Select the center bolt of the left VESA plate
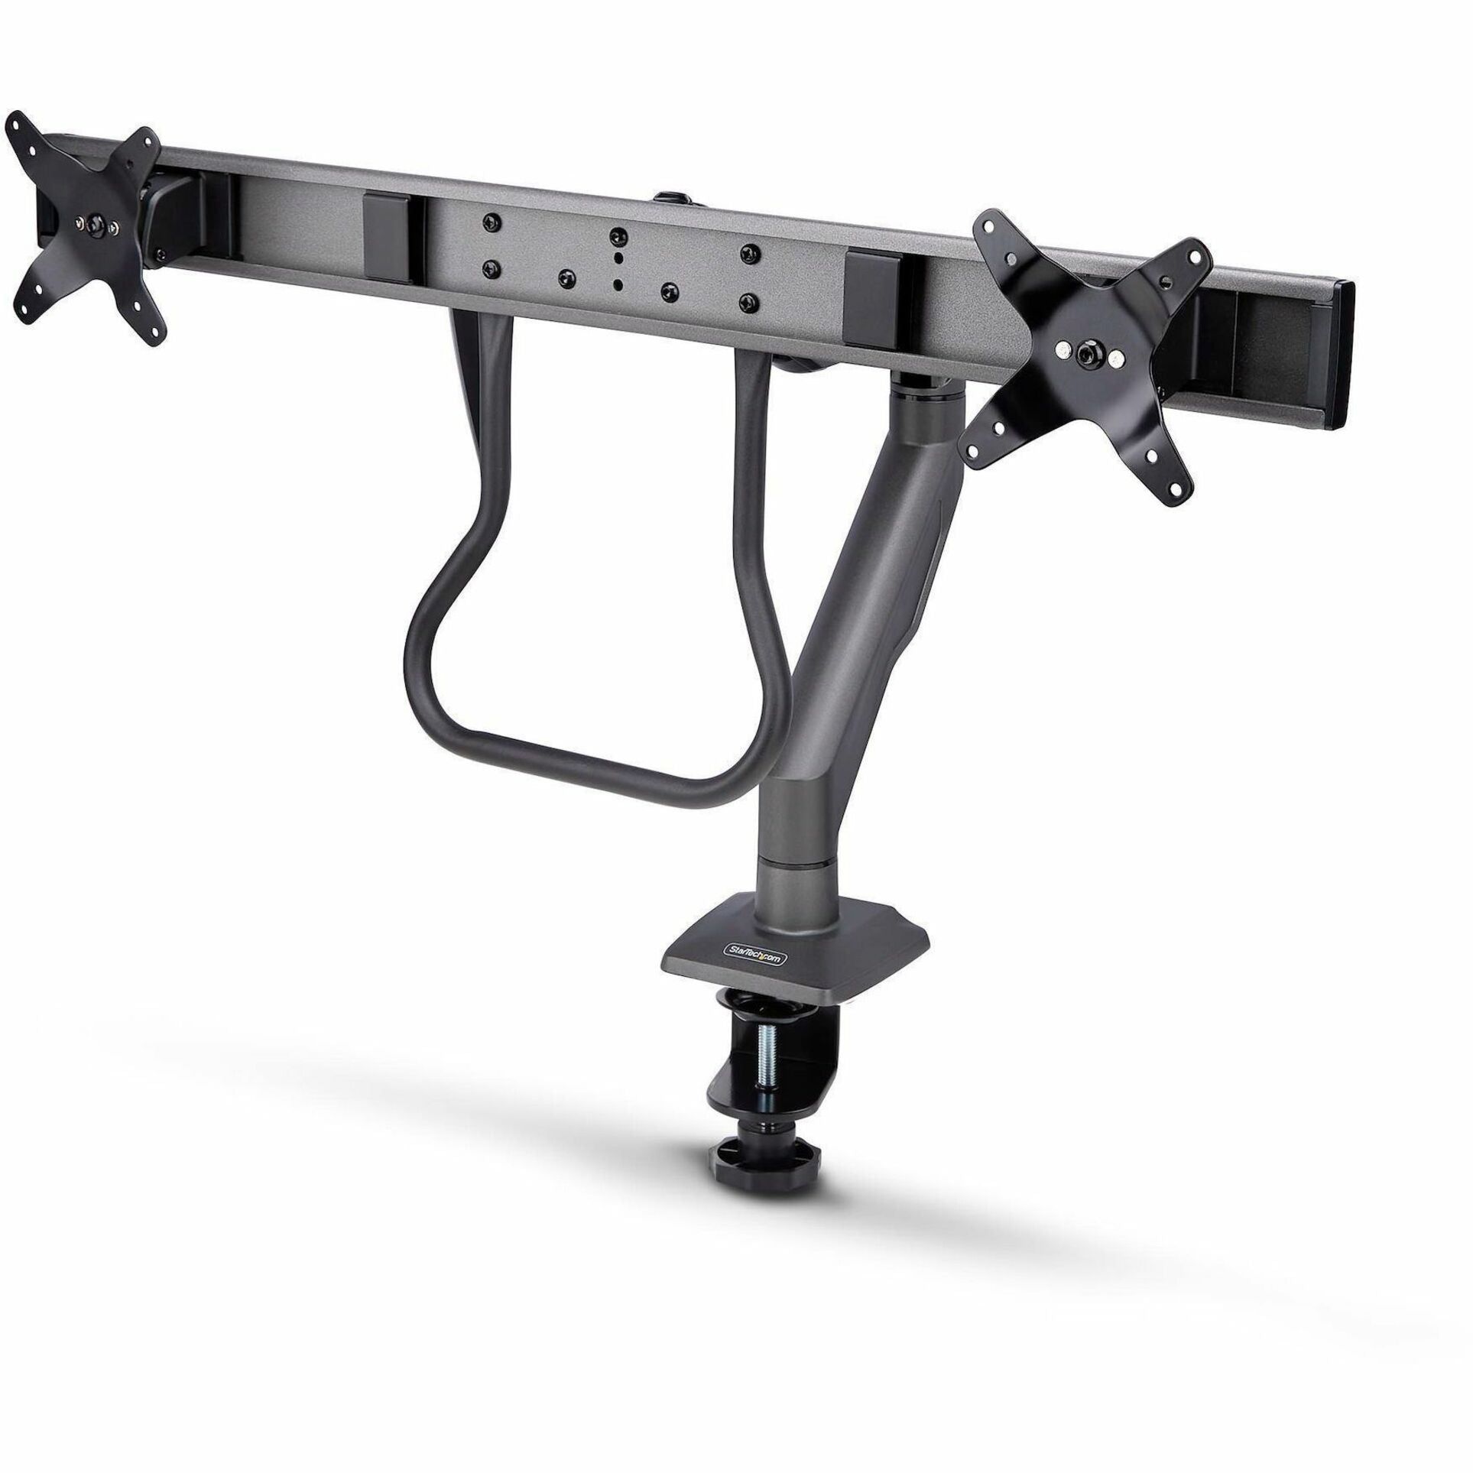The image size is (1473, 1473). pos(95,224)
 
